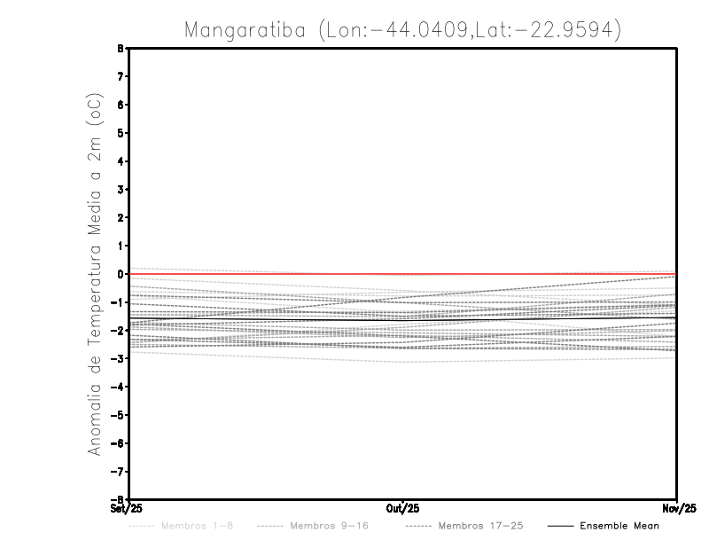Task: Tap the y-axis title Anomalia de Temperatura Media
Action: click(x=94, y=275)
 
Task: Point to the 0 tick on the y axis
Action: click(x=120, y=274)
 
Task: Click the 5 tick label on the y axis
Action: click(x=120, y=133)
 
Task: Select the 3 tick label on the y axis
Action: click(x=120, y=190)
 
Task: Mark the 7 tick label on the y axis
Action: click(x=120, y=77)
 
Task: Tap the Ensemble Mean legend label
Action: click(x=619, y=526)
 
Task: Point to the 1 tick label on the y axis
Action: click(x=120, y=246)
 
